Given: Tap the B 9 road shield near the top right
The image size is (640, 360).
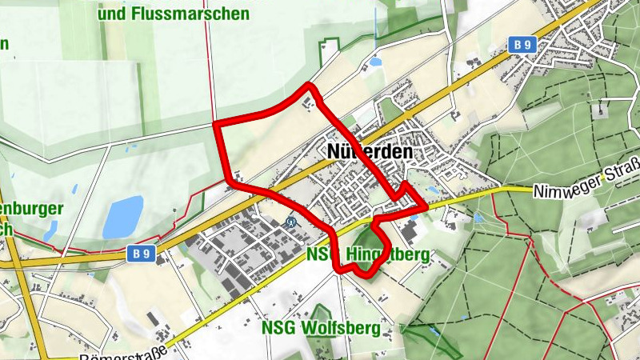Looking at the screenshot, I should [522, 46].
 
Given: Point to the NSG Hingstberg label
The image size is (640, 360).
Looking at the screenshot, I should [368, 254].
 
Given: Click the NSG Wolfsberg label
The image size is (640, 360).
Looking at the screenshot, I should [327, 328].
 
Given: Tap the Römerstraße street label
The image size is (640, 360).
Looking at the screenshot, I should [120, 353].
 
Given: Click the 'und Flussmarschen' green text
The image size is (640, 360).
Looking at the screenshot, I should [173, 14].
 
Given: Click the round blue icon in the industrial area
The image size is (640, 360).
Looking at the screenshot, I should [291, 222].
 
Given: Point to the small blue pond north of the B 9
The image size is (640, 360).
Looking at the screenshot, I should [375, 62].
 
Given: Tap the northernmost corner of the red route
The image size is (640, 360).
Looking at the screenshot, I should [309, 85].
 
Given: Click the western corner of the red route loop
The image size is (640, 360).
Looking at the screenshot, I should [218, 125].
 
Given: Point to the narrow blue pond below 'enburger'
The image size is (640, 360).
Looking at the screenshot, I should [50, 231].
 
